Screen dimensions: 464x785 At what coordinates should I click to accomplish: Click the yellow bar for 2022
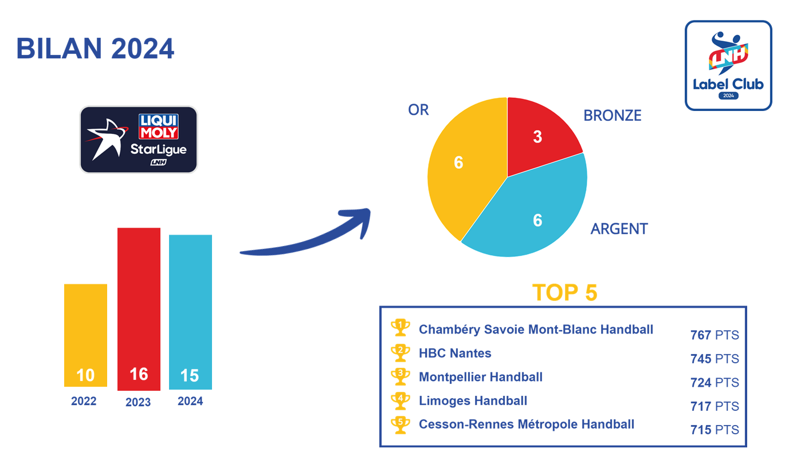click(85, 335)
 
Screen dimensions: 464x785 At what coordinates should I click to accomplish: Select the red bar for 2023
click(139, 309)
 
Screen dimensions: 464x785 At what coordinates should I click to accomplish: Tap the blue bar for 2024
click(190, 312)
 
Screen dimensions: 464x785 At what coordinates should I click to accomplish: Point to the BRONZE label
click(612, 116)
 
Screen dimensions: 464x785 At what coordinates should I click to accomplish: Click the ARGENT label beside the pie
click(619, 229)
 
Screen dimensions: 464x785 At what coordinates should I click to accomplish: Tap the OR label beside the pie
click(418, 110)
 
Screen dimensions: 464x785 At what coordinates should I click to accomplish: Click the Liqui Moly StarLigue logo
click(138, 140)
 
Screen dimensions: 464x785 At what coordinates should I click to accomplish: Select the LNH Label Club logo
click(728, 65)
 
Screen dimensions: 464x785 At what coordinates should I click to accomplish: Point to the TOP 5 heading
click(564, 292)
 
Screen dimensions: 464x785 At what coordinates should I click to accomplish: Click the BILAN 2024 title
click(95, 49)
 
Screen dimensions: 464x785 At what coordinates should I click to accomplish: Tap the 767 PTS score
click(715, 335)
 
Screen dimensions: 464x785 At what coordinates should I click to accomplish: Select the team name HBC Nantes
click(455, 353)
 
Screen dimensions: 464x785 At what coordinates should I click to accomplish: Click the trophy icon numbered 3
click(401, 376)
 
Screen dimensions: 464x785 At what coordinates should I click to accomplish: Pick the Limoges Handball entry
click(473, 400)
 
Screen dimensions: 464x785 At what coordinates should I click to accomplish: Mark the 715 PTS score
click(715, 430)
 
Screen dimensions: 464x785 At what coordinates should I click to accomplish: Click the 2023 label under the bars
click(138, 402)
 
